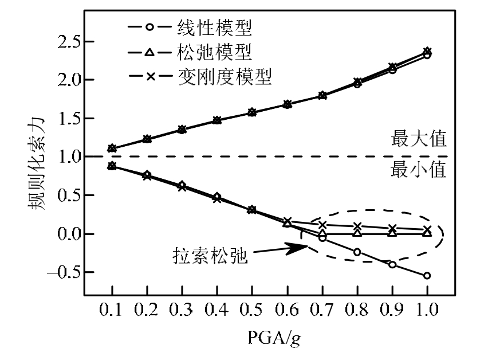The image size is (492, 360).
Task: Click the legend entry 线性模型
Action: click(x=212, y=26)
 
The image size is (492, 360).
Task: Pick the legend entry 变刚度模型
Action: click(x=223, y=76)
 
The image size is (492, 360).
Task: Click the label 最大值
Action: click(x=418, y=139)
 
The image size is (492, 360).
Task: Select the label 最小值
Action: click(x=418, y=171)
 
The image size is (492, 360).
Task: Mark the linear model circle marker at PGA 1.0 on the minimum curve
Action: click(x=427, y=276)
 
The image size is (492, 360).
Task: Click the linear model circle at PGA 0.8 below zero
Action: click(x=357, y=252)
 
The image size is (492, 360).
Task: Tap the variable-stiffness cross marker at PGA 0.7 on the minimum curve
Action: click(x=322, y=225)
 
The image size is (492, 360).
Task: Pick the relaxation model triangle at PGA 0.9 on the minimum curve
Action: click(x=392, y=232)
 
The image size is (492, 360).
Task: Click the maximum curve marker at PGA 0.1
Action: click(x=112, y=148)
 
